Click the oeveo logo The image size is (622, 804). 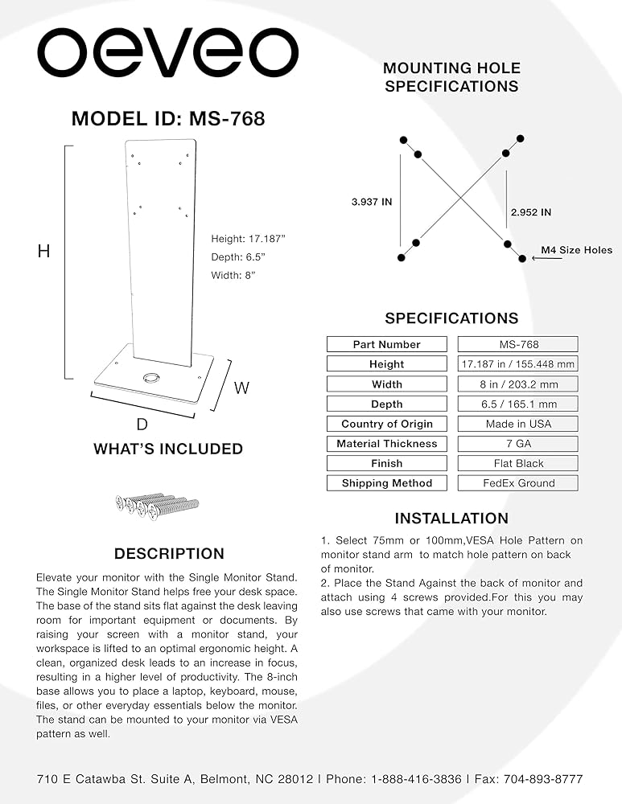coord(168,53)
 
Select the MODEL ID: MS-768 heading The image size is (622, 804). coord(168,119)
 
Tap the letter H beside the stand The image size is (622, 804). coord(44,251)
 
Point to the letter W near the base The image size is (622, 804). coord(241,388)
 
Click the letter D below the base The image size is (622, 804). coord(142,425)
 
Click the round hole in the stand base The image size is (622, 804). coord(151,378)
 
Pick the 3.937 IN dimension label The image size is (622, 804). coord(372,202)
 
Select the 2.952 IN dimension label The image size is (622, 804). coord(531,212)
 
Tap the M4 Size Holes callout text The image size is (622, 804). coord(577,250)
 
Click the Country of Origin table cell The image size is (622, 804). coord(387,424)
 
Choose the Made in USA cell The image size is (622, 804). coord(518,424)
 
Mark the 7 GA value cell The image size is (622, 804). coord(518,444)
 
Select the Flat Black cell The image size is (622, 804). coord(518,464)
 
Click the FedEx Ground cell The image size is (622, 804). coord(518,483)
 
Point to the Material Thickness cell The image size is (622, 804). coord(387,444)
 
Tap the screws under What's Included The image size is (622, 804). coord(157,507)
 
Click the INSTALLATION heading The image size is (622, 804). coord(451,519)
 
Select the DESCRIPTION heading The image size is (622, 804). coord(169,554)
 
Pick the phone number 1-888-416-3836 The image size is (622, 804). coord(416,779)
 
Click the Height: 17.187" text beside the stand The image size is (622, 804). coord(248,239)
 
